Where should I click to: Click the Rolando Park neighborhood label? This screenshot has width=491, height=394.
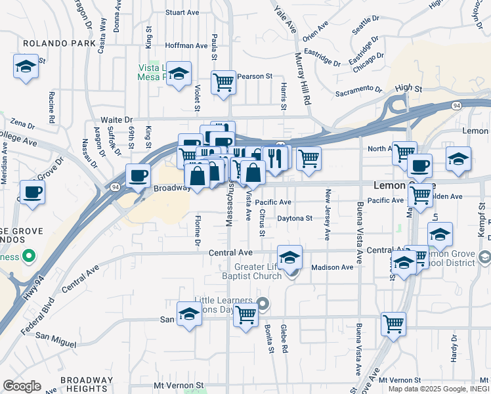coord(51,43)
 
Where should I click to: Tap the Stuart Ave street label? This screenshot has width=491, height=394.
coord(182,12)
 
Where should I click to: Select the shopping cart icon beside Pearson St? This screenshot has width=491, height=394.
coord(223,82)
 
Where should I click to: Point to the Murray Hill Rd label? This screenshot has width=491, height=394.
coord(304,79)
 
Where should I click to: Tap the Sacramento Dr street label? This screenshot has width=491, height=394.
coord(358,89)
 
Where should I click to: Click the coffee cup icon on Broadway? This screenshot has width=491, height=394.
coord(139,175)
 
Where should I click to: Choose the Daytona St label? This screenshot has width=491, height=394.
coord(295,218)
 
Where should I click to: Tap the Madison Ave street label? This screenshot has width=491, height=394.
coord(332,267)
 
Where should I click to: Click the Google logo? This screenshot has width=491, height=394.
coord(22,385)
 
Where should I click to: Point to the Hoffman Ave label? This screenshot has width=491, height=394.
coord(187,46)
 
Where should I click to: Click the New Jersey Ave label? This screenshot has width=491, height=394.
coord(328,215)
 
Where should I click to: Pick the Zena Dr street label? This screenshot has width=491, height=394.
coord(22,123)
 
